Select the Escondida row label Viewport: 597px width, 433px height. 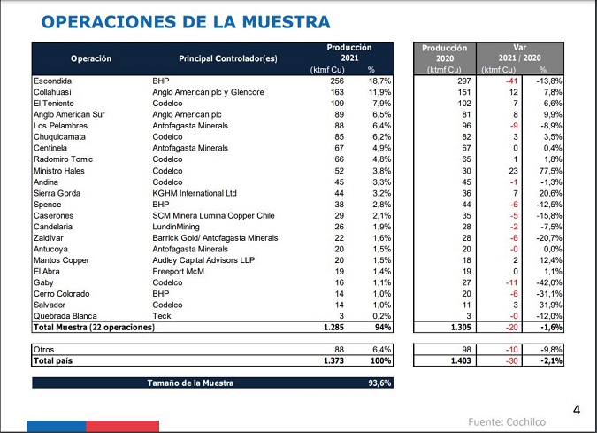pos(53,80)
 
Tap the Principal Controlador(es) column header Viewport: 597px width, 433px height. pos(227,58)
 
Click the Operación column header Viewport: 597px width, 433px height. pos(91,58)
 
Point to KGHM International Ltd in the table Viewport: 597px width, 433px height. pos(195,192)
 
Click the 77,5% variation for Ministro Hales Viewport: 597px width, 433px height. pos(551,170)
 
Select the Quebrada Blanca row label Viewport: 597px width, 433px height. pos(65,316)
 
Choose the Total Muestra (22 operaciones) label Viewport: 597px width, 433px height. pos(94,328)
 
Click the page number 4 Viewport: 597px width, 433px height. pos(577,409)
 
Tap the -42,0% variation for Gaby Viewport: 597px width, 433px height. pos(549,282)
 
